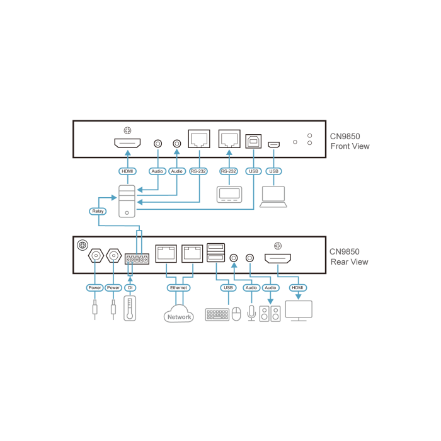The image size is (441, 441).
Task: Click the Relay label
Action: click(98, 211)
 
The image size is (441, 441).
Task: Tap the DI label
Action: click(130, 288)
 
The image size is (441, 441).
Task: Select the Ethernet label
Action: click(179, 288)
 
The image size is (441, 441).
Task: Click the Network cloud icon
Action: click(179, 314)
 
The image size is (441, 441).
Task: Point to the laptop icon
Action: click(273, 196)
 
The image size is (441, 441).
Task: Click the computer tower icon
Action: click(127, 202)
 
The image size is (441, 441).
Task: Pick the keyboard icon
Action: click(217, 314)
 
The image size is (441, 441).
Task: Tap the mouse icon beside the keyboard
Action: click(236, 314)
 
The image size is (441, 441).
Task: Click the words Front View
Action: click(350, 147)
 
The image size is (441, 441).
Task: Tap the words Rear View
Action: click(349, 262)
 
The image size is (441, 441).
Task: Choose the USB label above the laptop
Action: click(273, 171)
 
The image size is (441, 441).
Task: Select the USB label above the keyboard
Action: click(228, 288)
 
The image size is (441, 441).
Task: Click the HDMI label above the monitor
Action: click(298, 288)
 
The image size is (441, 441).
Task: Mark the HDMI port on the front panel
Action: click(127, 144)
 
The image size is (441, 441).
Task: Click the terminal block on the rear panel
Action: click(137, 259)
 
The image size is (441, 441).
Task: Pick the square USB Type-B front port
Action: click(253, 141)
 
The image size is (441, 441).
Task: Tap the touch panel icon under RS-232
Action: click(229, 194)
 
